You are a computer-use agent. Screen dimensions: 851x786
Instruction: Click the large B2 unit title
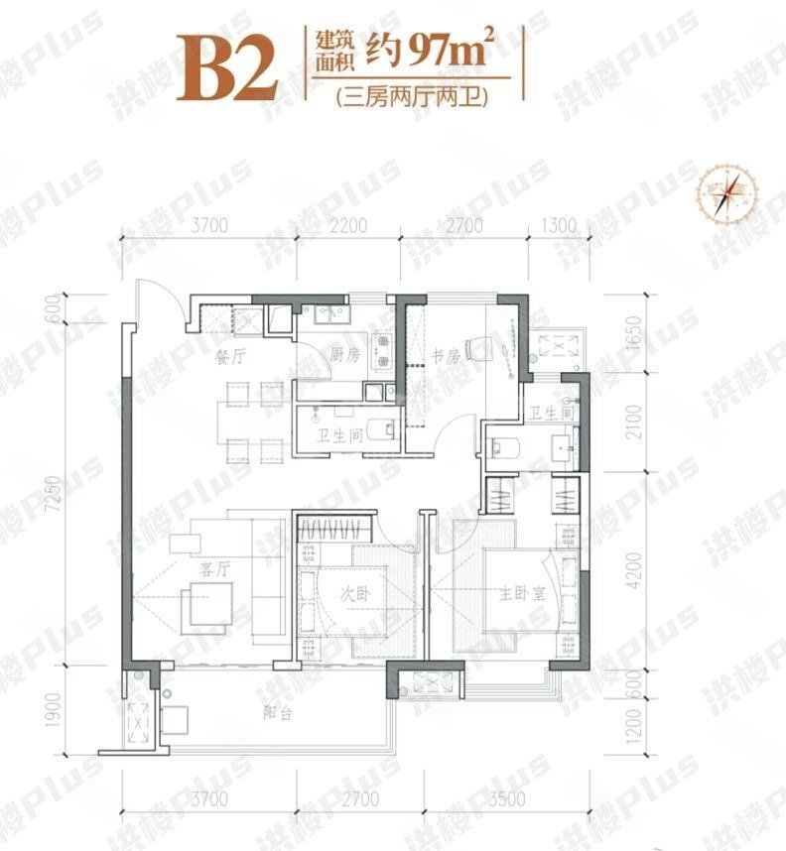pos(225,66)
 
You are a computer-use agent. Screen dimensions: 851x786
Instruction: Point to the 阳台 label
pos(278,715)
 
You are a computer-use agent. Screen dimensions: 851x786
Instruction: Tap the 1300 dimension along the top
pos(560,226)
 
